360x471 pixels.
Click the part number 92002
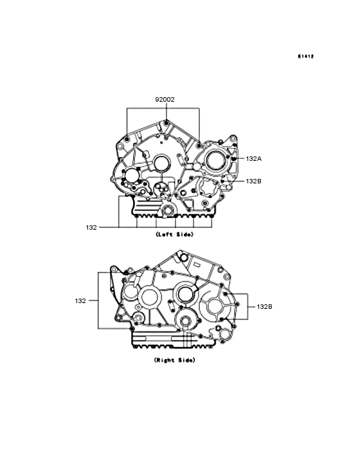click(x=165, y=100)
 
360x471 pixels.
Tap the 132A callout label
click(x=254, y=158)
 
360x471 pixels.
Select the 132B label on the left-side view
click(x=254, y=181)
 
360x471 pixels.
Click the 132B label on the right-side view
click(x=265, y=307)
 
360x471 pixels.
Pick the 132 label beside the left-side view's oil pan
click(x=91, y=227)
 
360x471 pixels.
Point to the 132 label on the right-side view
click(x=80, y=300)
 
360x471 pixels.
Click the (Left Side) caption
click(x=175, y=234)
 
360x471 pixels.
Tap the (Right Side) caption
click(x=175, y=360)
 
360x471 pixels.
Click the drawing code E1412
click(x=306, y=56)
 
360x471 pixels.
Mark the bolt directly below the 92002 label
click(x=166, y=122)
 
